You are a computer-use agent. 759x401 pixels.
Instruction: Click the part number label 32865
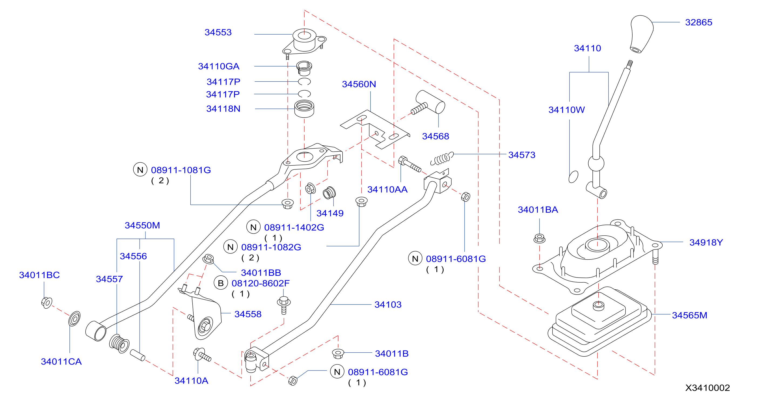[x=699, y=22]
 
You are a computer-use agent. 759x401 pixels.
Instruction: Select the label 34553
[x=218, y=32]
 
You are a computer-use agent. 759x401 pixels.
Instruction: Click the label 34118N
[x=223, y=109]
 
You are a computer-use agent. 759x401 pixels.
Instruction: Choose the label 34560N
[x=359, y=84]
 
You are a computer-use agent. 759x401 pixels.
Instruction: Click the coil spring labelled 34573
[x=442, y=158]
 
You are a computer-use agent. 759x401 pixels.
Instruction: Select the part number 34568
[x=436, y=136]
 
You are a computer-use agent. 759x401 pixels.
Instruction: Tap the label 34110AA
[x=387, y=189]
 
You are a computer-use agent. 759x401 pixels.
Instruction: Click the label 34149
[x=330, y=213]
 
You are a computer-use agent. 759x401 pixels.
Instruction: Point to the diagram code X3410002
[x=707, y=388]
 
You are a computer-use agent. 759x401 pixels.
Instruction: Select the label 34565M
[x=689, y=315]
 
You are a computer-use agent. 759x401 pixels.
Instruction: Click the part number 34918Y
[x=706, y=242]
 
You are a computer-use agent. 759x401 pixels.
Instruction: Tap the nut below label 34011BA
[x=539, y=238]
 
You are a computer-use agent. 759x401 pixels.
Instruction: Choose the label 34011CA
[x=61, y=362]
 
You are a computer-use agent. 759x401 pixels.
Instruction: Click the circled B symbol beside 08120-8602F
[x=221, y=283]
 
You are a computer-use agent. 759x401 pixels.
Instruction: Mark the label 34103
[x=388, y=305]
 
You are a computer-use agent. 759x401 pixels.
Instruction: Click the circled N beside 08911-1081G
[x=140, y=170]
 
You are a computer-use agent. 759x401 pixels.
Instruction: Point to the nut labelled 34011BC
[x=46, y=303]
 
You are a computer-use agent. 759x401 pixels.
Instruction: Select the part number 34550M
[x=142, y=225]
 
